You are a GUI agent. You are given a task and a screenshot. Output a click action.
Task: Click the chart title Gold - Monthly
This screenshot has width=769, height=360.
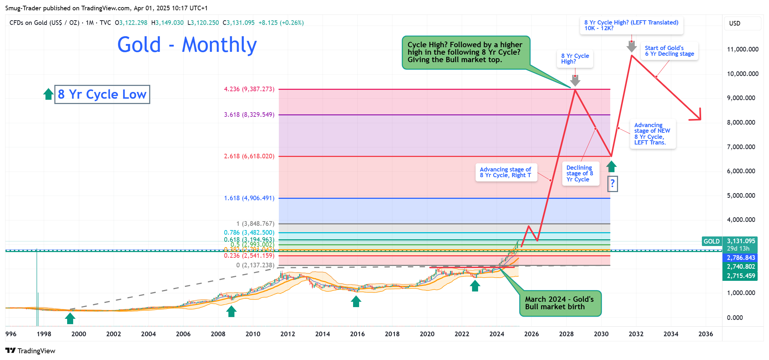187,45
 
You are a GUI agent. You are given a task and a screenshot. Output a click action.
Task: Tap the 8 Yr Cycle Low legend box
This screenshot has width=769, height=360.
102,94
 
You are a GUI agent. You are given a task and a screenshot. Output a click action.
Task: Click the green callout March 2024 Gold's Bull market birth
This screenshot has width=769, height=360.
560,303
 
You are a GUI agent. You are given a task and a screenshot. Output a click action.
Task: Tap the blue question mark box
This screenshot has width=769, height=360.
612,184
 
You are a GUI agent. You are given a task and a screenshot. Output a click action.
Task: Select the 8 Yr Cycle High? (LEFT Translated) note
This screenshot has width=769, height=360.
631,25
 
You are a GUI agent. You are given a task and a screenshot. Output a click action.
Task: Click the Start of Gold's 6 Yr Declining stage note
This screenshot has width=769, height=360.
669,51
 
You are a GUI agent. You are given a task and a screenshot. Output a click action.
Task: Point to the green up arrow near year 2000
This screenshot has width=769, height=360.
70,318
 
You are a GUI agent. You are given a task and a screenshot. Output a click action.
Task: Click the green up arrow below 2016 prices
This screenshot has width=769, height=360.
356,301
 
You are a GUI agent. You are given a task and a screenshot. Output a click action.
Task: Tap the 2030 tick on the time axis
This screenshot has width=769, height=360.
601,334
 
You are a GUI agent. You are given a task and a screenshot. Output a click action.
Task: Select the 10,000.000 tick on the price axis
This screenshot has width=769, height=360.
742,74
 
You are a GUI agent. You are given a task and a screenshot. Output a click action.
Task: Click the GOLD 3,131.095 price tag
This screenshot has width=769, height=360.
730,241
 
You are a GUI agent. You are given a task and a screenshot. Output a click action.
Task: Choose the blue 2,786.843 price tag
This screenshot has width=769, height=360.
741,258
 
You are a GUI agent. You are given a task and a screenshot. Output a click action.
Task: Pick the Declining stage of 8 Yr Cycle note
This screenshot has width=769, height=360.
580,173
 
